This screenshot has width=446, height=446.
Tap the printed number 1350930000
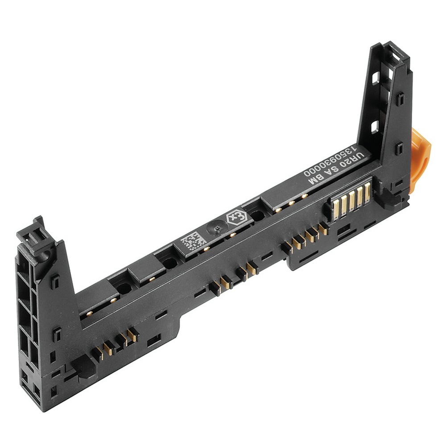[330, 161]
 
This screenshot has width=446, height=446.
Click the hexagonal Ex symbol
[235, 218]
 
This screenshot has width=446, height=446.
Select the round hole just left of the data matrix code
[169, 263]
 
